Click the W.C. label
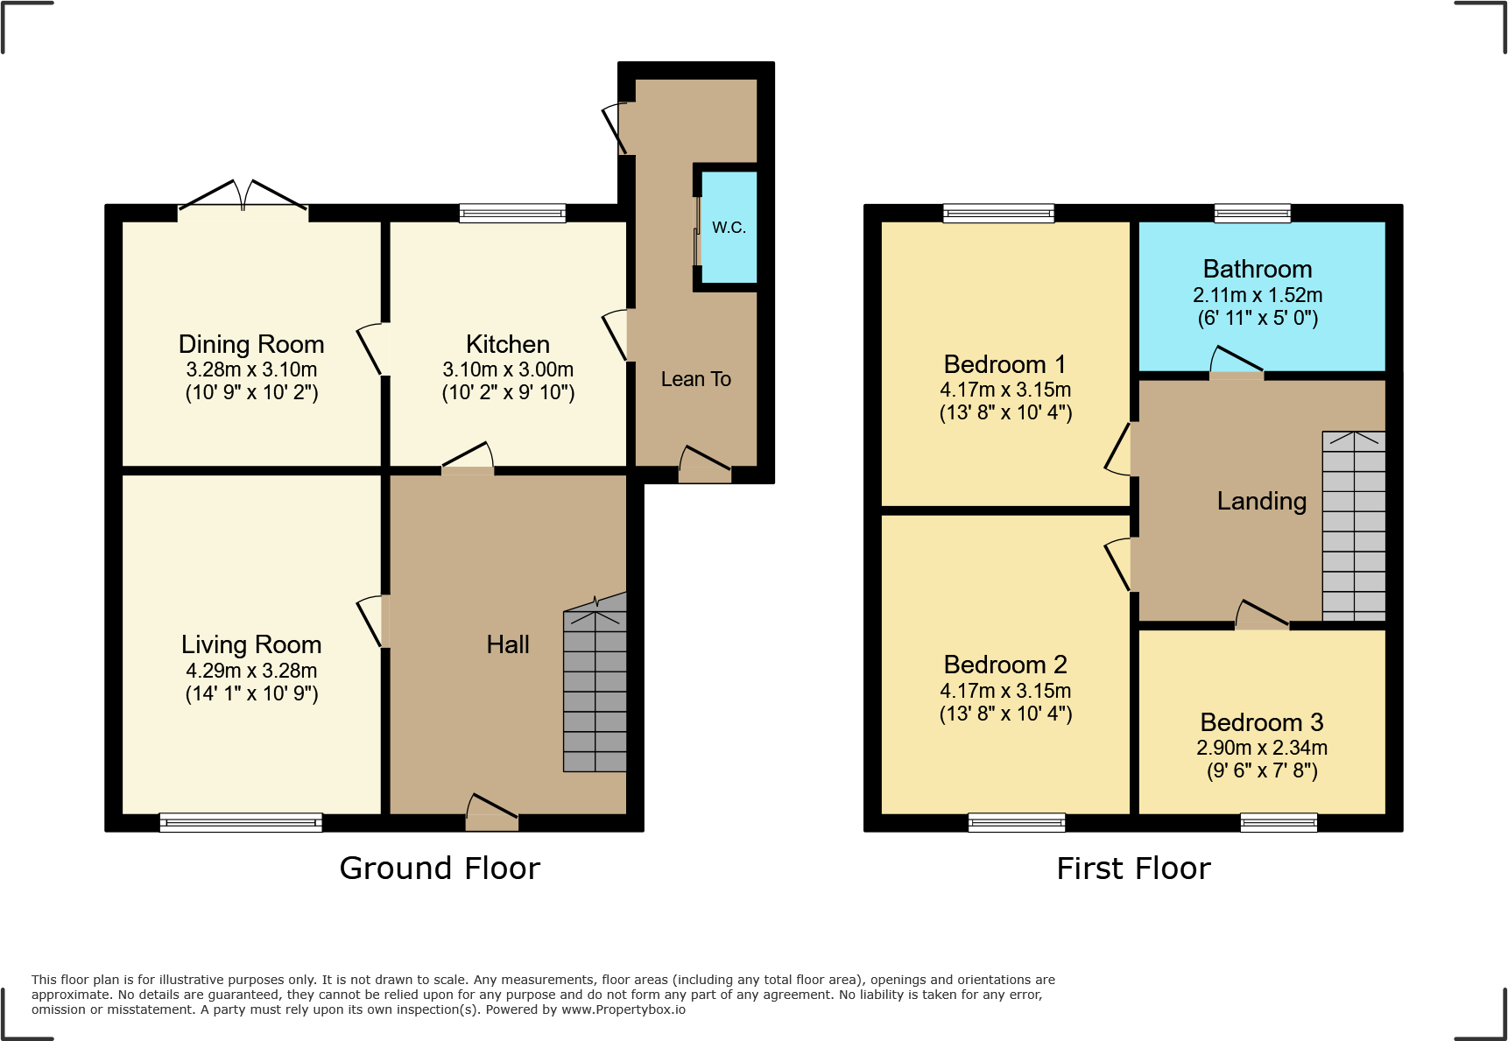tap(729, 228)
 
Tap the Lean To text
tap(695, 379)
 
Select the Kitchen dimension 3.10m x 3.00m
tap(508, 369)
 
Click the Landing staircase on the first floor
tap(1354, 525)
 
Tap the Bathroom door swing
tap(1236, 362)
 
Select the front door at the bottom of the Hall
tap(492, 812)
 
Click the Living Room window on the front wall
tap(241, 822)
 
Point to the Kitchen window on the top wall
tap(512, 213)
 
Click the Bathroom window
tap(1252, 213)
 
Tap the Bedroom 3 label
tap(1261, 722)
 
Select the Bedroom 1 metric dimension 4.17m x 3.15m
tap(1005, 390)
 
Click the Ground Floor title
tap(440, 869)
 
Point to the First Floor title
tap(1133, 869)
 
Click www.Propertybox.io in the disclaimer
tap(623, 1009)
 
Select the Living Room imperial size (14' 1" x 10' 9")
tap(251, 694)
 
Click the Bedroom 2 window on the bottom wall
tap(1017, 822)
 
